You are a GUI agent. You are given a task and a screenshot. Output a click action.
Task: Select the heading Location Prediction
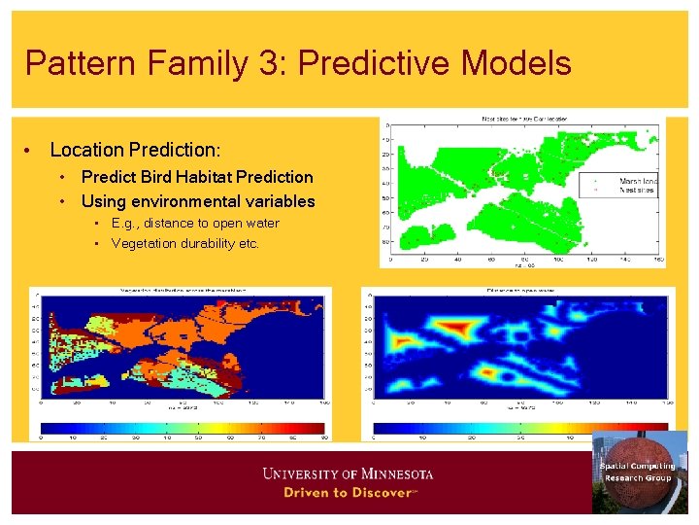[x=135, y=150]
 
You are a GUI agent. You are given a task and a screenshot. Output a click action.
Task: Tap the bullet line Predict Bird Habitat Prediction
[x=197, y=177]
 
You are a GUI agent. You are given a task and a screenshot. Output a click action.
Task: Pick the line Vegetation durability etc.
[x=185, y=243]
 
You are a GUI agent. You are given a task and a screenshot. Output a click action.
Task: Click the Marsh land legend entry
[x=637, y=181]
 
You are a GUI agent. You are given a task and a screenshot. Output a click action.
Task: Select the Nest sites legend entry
[x=635, y=191]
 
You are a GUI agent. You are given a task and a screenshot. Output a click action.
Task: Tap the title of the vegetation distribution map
[x=182, y=291]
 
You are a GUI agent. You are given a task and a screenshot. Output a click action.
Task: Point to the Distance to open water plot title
[x=521, y=291]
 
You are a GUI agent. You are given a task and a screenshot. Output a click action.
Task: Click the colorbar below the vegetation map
[x=182, y=427]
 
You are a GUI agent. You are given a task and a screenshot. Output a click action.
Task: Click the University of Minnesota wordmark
[x=348, y=473]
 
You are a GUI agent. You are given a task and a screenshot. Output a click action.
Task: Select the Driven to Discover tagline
[x=348, y=492]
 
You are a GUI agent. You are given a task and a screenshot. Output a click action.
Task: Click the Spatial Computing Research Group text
[x=637, y=472]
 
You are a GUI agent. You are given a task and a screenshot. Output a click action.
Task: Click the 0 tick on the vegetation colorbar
[x=41, y=437]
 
